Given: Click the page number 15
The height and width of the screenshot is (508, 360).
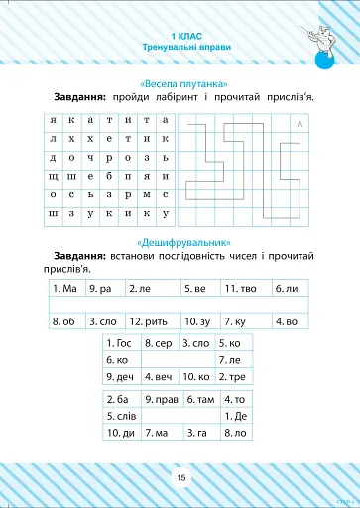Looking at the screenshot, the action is (180, 477).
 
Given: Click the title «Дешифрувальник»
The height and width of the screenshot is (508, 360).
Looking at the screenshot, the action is (180, 242).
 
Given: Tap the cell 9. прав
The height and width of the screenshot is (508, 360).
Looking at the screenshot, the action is (162, 398).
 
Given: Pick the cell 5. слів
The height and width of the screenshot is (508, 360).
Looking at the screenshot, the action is (122, 415).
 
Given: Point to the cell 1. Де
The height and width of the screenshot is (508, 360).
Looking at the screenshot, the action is (235, 415).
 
